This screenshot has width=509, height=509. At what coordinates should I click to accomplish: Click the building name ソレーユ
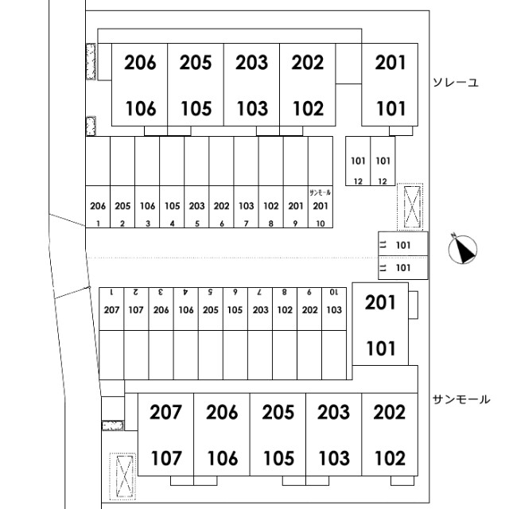pos(456,83)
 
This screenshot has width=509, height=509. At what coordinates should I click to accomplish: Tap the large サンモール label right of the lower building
pos(461,399)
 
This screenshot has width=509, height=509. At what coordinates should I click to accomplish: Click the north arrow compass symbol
pos(463,248)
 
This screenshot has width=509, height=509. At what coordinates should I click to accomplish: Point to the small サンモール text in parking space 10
pos(320,192)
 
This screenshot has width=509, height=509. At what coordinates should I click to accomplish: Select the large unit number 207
pos(165,412)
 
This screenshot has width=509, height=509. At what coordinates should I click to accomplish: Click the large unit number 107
pos(166,458)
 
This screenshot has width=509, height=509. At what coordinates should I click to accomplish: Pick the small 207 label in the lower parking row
pos(111,310)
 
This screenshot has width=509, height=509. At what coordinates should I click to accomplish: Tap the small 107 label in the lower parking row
pos(136,310)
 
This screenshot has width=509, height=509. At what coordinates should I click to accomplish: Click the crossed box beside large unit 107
pos(122,476)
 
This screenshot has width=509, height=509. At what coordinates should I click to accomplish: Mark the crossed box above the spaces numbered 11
pos(410,207)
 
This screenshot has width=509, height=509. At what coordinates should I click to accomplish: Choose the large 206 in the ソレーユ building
pos(140,62)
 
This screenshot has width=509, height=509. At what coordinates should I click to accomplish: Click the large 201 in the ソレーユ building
pos(390,62)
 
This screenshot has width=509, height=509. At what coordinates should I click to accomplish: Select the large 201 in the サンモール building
pos(380,302)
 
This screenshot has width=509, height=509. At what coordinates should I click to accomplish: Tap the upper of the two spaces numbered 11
pos(403,244)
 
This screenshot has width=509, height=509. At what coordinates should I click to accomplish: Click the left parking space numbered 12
pos(358,161)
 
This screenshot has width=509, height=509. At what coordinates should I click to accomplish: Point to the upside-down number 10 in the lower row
pos(334,292)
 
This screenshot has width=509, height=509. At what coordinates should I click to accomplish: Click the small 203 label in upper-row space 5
pos(196,206)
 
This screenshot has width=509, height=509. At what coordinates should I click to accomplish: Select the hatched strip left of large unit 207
pos(113,425)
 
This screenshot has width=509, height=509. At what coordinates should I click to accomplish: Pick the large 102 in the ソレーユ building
pos(308,108)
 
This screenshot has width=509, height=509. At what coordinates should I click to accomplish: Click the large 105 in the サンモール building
pos(279,458)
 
